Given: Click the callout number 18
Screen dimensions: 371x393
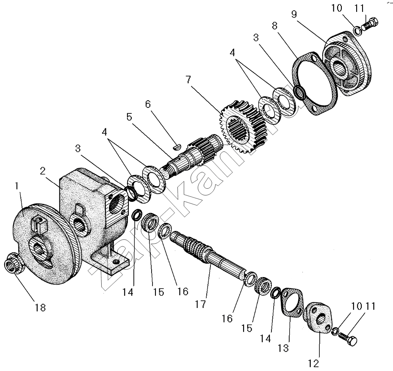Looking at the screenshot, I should (40, 308).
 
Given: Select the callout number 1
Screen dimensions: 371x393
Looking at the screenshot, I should (17, 186).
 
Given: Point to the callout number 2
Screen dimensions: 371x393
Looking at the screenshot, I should (43, 171).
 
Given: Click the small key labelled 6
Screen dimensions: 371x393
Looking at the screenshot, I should (177, 146).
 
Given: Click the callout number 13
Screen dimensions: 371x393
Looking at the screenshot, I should (283, 348).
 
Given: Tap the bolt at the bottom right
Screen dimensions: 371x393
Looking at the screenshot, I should (350, 338).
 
